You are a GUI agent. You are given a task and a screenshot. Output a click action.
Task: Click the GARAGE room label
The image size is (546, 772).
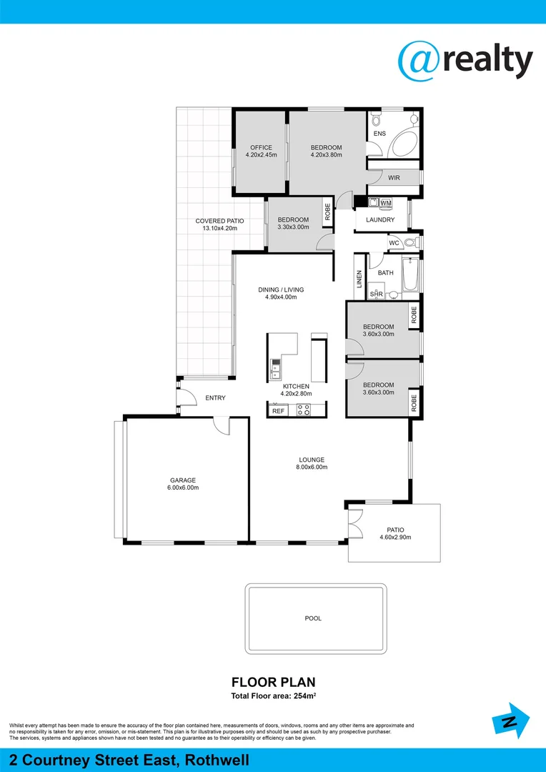point(183,480)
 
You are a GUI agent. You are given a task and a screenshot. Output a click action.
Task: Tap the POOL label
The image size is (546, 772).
point(313,618)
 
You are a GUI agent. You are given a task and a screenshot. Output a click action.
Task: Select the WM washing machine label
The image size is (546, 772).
point(386,204)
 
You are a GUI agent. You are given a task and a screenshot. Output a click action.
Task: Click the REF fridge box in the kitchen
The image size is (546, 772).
point(278,411)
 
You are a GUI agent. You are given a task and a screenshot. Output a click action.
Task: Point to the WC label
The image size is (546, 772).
point(394,244)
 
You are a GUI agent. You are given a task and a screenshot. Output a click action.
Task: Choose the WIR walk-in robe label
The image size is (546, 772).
point(394,178)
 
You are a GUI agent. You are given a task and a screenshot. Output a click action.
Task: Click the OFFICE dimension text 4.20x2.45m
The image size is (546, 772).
point(261,154)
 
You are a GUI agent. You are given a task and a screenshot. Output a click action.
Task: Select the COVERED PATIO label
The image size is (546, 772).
point(219,221)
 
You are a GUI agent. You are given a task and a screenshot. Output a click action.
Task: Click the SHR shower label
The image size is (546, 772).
point(376,294)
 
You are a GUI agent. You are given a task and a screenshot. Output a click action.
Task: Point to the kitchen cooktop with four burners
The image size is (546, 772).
point(303,410)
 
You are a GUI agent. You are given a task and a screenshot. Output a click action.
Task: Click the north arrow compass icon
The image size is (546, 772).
point(511,722)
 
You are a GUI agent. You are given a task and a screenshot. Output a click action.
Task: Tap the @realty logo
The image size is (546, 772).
point(465,61)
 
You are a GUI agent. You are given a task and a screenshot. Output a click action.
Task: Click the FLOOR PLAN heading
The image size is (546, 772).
point(273,682)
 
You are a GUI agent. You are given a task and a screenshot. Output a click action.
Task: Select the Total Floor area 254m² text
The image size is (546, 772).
point(273,696)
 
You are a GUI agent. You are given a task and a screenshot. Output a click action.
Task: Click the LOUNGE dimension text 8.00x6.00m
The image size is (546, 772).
point(312,467)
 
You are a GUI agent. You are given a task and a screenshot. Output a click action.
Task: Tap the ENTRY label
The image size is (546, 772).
point(215,397)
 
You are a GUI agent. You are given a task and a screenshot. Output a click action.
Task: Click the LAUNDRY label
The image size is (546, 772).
point(379,219)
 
